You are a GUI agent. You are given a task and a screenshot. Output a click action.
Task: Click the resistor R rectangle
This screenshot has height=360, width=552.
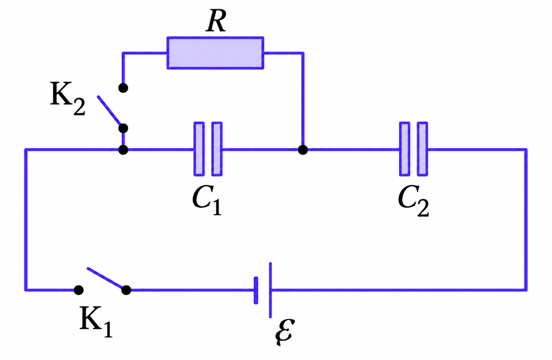pos(215,53)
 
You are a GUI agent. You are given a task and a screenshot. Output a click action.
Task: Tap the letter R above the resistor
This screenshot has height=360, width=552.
pos(216,21)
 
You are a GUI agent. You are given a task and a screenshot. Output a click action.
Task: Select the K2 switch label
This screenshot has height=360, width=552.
pos(68,98)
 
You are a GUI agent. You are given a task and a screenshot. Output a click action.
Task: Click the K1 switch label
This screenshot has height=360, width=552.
pos(96,322)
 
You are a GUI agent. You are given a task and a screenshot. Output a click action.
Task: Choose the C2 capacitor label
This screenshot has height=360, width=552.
pos(413,200)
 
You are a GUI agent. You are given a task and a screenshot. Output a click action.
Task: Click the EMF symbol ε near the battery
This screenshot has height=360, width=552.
pos(285,332)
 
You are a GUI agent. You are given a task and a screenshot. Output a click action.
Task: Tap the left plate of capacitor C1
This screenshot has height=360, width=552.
pos(199,149)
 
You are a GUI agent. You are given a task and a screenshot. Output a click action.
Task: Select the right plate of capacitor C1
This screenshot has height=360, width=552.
pos(217,149)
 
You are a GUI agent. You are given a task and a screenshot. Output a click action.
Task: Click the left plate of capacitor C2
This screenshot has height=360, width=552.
pos(404,149)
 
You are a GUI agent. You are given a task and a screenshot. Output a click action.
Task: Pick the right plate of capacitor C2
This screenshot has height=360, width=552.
pos(422,149)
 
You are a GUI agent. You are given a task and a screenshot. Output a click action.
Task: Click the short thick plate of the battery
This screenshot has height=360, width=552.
pos(256,290)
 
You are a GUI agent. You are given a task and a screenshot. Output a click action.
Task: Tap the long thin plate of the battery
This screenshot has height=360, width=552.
pos(270,290)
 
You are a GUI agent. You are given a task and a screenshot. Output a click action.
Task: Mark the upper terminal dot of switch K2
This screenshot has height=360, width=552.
pos(123,88)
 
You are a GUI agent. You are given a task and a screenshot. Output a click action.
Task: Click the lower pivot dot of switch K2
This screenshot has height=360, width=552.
pos(123,128)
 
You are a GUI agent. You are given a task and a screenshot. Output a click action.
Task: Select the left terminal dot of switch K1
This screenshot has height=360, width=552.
pos(79,290)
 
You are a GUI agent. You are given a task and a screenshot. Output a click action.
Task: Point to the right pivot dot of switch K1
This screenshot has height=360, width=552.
pos(126,290)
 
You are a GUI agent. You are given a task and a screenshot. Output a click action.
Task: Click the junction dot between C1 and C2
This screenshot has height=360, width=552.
pos(303,150)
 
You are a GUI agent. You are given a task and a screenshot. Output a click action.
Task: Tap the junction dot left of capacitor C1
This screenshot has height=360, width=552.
pos(123,150)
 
